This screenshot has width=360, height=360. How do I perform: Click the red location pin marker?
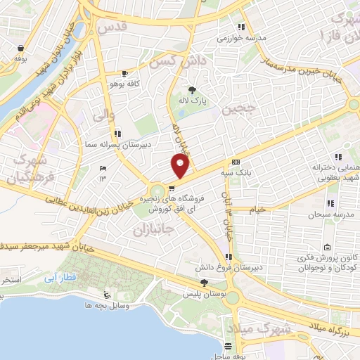(x=181, y=166)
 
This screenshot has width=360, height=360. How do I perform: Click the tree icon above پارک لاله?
(x=193, y=89)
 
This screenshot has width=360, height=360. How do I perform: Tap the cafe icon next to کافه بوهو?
(x=125, y=73)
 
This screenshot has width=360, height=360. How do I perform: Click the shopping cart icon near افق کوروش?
(x=172, y=188)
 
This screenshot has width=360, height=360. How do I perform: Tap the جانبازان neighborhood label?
(x=153, y=230)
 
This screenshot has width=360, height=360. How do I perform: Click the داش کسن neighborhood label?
(x=186, y=63)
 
